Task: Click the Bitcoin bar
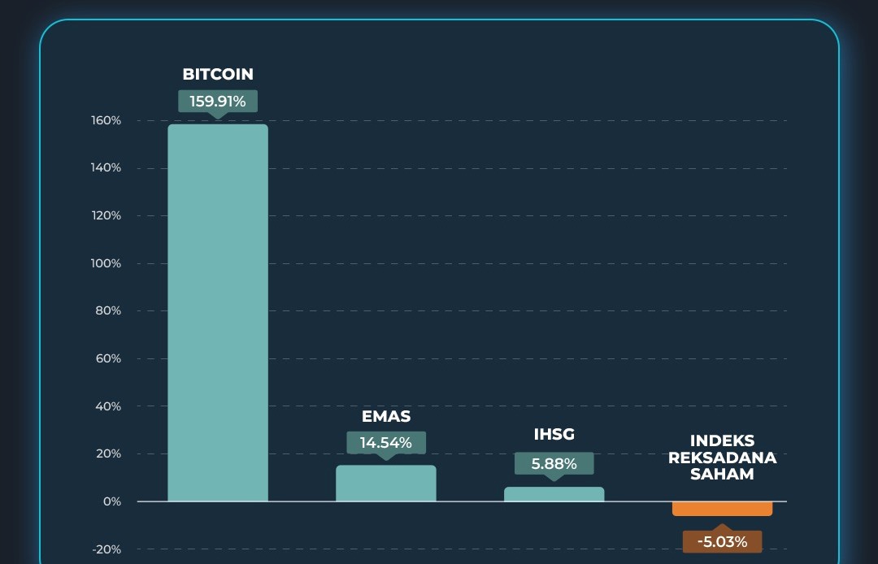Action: [x=218, y=313]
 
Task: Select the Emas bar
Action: [x=386, y=484]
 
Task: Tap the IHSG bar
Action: [x=554, y=494]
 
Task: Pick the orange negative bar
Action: [x=722, y=509]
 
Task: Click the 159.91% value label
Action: [x=218, y=102]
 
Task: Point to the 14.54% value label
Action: [x=386, y=443]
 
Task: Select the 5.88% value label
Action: [x=554, y=464]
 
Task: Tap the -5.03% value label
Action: [x=722, y=541]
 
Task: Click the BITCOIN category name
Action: [x=218, y=74]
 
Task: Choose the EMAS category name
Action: [x=386, y=417]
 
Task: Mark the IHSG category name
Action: [x=554, y=435]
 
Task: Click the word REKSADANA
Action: [x=722, y=458]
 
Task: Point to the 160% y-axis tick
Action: [x=106, y=121]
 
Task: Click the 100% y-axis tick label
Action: [x=106, y=264]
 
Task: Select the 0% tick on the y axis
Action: [x=111, y=502]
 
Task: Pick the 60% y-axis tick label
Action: [x=108, y=359]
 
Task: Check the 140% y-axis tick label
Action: [x=106, y=168]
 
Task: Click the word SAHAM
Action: [x=722, y=474]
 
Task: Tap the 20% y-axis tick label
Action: [x=108, y=454]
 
